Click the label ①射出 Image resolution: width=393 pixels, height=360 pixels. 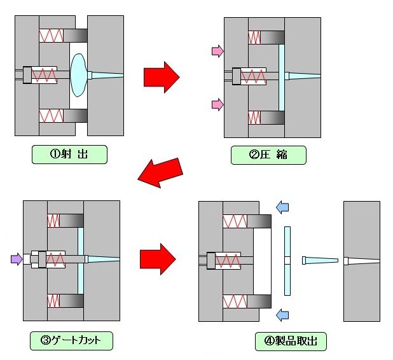coord(69,155)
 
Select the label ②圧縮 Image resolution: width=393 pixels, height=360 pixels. coord(268,155)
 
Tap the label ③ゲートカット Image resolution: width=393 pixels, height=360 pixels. coord(71,341)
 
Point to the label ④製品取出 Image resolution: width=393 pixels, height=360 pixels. coord(291,342)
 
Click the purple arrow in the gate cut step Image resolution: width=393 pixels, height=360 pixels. coord(17,259)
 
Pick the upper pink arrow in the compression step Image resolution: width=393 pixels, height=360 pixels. coord(218,51)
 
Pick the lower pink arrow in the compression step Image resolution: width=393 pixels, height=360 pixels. coord(218,104)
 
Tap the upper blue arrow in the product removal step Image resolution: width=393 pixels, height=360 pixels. coord(282,207)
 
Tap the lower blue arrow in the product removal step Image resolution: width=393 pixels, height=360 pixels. coord(282,315)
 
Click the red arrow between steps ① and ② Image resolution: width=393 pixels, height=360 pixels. coord(162,77)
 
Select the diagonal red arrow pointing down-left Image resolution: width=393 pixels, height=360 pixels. coord(160,173)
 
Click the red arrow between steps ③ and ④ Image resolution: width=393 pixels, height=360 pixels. coord(158,259)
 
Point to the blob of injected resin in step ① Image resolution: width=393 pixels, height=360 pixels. coord(79,75)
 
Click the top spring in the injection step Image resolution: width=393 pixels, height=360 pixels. coord(51,36)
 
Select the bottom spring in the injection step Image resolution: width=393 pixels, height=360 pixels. coord(51,116)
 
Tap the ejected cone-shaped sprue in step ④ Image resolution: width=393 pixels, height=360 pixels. coord(320,261)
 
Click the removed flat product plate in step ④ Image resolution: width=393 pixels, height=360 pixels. coord(287,261)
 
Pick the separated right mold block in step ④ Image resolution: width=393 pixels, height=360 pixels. coord(362,261)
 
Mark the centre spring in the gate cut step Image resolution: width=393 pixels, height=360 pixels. coord(55,260)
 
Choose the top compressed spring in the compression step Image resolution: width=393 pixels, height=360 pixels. coord(254,38)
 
